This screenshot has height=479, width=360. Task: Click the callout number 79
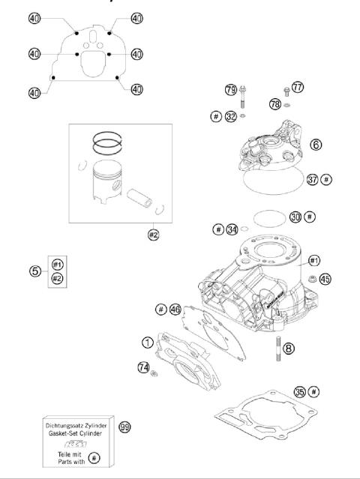pos(231,90)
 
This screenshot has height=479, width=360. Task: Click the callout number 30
pos(295,216)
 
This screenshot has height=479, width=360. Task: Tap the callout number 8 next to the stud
pos(289,348)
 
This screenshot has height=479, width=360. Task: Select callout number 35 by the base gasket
pos(299,391)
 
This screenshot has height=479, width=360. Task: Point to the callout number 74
pos(142,367)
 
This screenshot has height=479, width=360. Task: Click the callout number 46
pos(175,309)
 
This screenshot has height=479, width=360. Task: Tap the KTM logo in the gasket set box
pos(78,443)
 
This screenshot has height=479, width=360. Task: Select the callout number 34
pos(233,229)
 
